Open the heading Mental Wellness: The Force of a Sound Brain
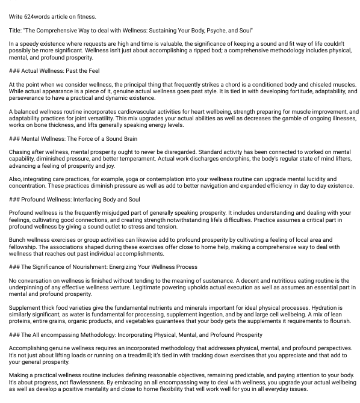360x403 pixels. [73, 139]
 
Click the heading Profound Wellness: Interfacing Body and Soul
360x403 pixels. [75, 200]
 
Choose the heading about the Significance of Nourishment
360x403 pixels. [103, 267]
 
